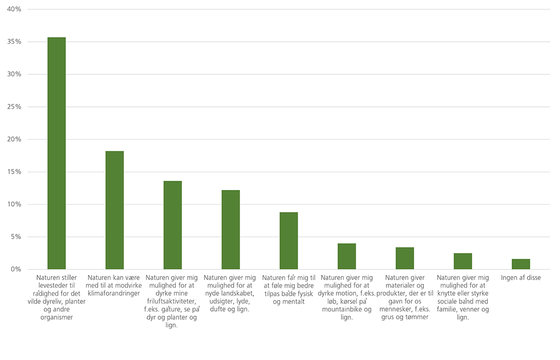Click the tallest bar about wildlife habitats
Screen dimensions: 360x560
[x=57, y=153]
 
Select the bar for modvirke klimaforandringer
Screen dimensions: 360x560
[x=115, y=210]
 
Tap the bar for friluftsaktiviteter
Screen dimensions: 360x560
[x=173, y=225]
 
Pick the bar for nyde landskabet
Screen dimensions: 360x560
[x=231, y=230]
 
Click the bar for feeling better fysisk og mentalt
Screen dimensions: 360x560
[x=289, y=240]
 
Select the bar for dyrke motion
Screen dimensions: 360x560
[x=347, y=256]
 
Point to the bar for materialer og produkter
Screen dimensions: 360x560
[x=405, y=258]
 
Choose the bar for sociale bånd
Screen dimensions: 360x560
[x=463, y=261]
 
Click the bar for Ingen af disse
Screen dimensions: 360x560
[x=521, y=264]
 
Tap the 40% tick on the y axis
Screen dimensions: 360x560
[x=14, y=9]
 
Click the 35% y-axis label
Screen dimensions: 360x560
[x=14, y=42]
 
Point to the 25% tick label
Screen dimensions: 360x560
[x=14, y=107]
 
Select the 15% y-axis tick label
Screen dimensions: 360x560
[x=14, y=172]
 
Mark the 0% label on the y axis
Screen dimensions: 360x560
[x=16, y=269]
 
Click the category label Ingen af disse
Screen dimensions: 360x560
[x=521, y=278]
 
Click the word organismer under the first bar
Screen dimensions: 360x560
[x=57, y=317]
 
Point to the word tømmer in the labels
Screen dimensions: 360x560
[x=417, y=317]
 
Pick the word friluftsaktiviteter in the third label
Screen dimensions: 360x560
[x=173, y=301]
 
